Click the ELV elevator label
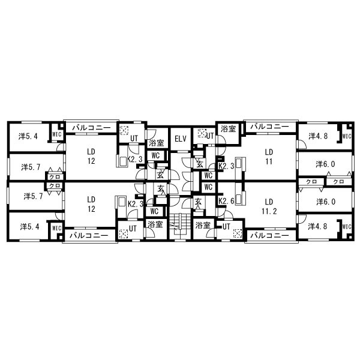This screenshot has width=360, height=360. [181, 139]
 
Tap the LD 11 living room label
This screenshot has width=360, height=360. [269, 157]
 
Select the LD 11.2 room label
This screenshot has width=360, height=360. [269, 206]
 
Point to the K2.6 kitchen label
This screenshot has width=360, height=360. [226, 201]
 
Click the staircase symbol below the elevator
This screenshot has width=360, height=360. [180, 224]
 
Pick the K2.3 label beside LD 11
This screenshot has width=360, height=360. [226, 166]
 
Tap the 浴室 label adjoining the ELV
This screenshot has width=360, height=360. [157, 143]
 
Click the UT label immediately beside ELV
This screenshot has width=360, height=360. [210, 136]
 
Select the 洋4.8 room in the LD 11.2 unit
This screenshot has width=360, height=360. [317, 226]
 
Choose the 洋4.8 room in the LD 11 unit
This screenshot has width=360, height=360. [318, 136]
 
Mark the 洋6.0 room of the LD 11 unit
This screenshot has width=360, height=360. [325, 164]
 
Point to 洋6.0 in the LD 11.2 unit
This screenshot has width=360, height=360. [326, 202]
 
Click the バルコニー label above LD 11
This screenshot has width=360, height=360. [269, 127]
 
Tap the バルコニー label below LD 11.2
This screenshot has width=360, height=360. [269, 236]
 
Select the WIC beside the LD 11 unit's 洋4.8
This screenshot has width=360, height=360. [347, 136]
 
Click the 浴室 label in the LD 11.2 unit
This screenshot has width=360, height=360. [203, 225]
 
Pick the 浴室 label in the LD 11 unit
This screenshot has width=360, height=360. [228, 129]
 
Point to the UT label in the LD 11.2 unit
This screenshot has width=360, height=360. [226, 227]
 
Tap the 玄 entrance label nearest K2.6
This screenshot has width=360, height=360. [198, 202]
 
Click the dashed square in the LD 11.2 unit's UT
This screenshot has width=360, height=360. [238, 233]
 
